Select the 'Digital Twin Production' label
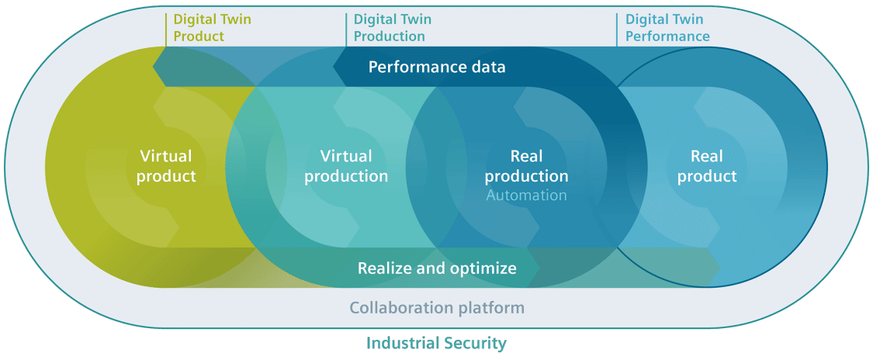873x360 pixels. (393, 28)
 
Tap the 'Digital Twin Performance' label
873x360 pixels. (667, 28)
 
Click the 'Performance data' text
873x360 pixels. (437, 67)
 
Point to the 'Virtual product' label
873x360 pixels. (167, 166)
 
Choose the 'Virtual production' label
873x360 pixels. (346, 166)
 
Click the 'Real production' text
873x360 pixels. (526, 166)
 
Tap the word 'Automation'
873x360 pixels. (526, 196)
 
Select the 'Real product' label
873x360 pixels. (706, 166)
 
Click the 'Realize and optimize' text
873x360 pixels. (437, 268)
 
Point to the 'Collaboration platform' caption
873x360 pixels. (437, 308)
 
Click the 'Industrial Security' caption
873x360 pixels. (436, 343)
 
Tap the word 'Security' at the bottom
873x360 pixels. (476, 343)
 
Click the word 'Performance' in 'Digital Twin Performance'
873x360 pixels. (667, 36)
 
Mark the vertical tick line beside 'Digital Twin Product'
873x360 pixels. (166, 29)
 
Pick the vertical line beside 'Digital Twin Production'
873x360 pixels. (346, 29)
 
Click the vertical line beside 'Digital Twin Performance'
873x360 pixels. (618, 29)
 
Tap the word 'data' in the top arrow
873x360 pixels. (489, 67)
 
